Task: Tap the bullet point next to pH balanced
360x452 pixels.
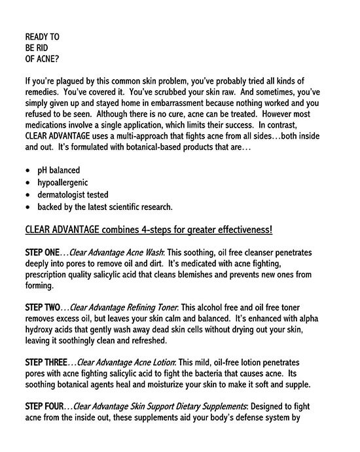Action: (x=27, y=171)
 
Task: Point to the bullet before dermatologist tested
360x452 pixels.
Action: (x=27, y=195)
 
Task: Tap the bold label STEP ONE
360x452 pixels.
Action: (x=43, y=252)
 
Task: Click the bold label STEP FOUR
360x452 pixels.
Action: (x=45, y=407)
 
